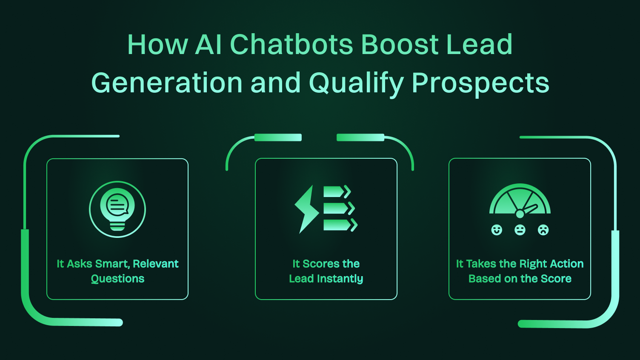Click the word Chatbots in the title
tap(291, 44)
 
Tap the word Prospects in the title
tap(480, 83)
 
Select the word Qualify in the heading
tap(356, 83)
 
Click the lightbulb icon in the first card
tap(117, 209)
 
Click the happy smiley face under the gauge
tap(497, 230)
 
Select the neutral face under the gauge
tap(520, 230)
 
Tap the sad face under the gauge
tap(543, 230)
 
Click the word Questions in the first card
tap(117, 279)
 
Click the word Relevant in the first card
tap(156, 264)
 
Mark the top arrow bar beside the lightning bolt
tap(334, 192)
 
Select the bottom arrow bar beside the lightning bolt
tap(336, 225)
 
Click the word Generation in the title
tap(167, 83)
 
